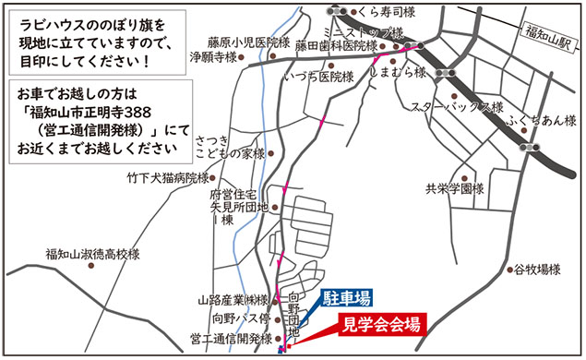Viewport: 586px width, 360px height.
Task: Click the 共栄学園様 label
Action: [454, 188]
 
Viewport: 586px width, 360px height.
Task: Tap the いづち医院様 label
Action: [319, 77]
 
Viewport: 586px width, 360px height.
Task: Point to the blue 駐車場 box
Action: [346, 298]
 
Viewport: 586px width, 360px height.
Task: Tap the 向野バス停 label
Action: [239, 318]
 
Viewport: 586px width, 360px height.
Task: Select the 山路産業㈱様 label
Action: [232, 300]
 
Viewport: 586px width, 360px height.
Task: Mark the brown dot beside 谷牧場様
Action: [509, 270]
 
